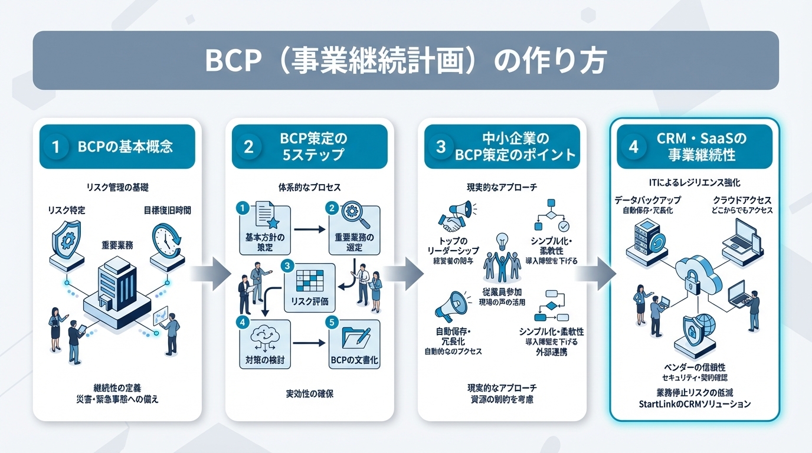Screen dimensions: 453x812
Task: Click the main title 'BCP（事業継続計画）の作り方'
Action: (405, 61)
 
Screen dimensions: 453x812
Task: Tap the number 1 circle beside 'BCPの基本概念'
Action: (56, 146)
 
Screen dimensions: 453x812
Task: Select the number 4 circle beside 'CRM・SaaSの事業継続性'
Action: (634, 146)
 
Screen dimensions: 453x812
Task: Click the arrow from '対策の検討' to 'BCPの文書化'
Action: (308, 343)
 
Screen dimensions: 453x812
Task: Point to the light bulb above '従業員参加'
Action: (502, 241)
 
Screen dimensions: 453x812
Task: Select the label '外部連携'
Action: (552, 353)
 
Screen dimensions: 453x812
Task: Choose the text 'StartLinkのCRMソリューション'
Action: (694, 405)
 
